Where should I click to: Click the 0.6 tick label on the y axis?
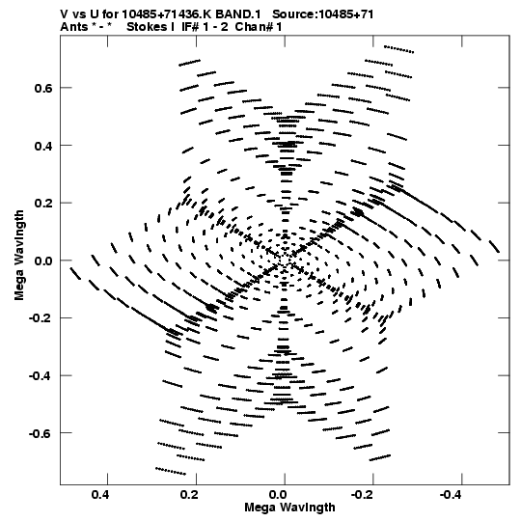tap(42, 88)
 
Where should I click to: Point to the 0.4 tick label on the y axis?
tap(42, 146)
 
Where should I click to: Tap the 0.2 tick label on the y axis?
tap(42, 204)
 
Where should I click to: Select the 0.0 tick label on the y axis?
tap(42, 261)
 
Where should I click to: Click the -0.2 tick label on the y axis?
tap(41, 318)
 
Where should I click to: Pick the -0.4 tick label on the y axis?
tap(41, 376)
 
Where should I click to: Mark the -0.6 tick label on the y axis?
tap(41, 433)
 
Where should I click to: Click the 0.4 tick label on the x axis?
tap(100, 495)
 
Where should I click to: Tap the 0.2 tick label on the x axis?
tap(189, 495)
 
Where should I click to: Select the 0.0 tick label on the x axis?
tap(278, 495)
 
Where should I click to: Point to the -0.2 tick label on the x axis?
tap(364, 495)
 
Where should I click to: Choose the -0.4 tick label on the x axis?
tap(452, 495)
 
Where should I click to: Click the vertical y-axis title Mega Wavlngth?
tap(19, 256)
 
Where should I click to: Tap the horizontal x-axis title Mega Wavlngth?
tap(289, 508)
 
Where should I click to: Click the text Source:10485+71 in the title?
tap(323, 14)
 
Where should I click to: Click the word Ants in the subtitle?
tap(74, 27)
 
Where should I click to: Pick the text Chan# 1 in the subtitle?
tap(259, 27)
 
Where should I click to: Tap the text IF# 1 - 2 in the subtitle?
tap(205, 27)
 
